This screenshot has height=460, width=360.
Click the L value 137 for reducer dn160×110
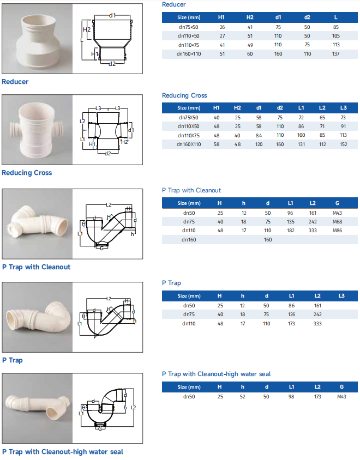(335, 54)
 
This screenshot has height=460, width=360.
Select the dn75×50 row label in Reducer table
(189, 26)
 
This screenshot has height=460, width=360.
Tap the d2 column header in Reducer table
(307, 17)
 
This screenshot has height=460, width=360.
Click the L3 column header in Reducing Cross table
(343, 108)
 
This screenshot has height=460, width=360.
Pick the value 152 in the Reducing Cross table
(343, 144)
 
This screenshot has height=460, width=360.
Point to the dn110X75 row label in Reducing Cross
(189, 135)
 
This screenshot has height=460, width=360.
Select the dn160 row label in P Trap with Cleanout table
(189, 239)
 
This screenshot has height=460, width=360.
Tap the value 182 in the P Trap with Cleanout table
(291, 231)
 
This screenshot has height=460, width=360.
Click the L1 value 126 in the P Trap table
(291, 314)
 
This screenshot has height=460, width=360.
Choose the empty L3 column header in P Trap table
(341, 296)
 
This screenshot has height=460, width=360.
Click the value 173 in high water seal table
(317, 396)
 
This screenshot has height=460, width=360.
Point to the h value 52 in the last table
(243, 396)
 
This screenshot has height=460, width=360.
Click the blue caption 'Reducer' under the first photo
(15, 82)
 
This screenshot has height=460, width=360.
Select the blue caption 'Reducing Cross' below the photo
(27, 173)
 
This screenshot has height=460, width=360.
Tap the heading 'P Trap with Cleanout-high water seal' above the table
(216, 374)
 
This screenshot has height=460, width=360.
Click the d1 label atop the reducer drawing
(112, 15)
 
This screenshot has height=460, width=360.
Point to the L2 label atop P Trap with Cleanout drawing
(108, 204)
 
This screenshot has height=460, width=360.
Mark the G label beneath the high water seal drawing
(99, 429)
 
